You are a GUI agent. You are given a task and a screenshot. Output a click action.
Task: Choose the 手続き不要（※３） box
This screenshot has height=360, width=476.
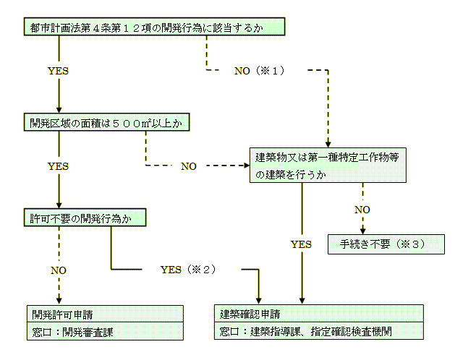click(x=386, y=244)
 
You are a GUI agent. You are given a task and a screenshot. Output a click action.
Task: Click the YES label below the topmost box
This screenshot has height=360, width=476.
click(x=58, y=71)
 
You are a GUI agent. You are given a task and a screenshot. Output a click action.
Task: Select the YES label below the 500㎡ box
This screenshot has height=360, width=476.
click(x=58, y=166)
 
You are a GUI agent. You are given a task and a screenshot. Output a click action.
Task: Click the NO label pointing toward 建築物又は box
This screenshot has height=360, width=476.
click(x=188, y=166)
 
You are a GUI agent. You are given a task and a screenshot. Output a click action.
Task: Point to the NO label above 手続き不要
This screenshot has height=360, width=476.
click(x=362, y=209)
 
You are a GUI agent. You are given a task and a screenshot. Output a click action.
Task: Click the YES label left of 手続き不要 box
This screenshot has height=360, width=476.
click(x=301, y=244)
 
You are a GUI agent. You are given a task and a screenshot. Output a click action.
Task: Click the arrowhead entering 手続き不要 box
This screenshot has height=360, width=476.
click(x=362, y=231)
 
